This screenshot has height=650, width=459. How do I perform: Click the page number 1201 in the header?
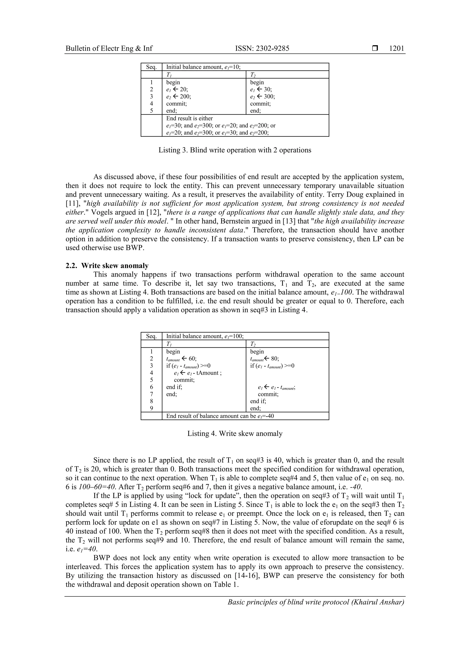click(x=396, y=48)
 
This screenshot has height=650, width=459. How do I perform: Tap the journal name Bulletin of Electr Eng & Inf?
click(x=109, y=48)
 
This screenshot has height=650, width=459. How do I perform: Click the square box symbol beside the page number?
click(x=375, y=48)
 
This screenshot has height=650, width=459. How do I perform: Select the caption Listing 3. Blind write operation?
click(x=235, y=150)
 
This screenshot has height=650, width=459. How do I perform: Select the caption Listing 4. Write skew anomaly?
click(x=235, y=433)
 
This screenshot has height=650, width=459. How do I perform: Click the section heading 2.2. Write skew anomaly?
click(x=107, y=266)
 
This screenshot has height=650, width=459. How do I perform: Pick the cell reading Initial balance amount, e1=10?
click(x=203, y=67)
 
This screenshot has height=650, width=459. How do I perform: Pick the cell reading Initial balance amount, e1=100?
click(x=205, y=336)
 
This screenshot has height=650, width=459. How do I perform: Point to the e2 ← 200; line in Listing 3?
click(x=178, y=96)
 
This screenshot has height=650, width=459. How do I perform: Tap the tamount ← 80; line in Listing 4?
click(x=264, y=359)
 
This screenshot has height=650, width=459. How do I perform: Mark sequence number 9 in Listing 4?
click(x=151, y=408)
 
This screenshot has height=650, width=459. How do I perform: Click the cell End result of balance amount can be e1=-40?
click(x=220, y=416)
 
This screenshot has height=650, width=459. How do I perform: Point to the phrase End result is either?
click(x=189, y=118)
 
